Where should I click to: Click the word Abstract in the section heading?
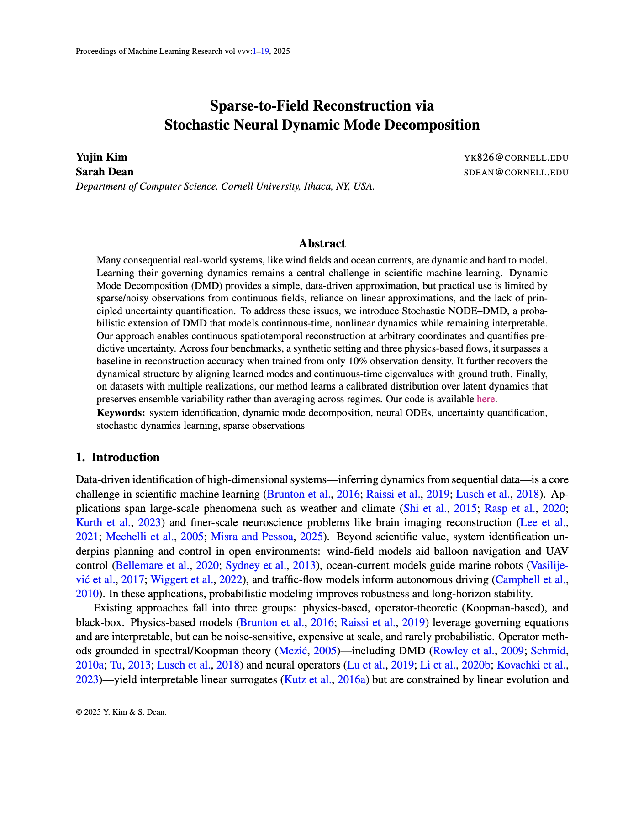(x=322, y=243)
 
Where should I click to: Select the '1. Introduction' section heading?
(x=118, y=457)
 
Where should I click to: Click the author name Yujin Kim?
(x=101, y=158)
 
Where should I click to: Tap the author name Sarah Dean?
(x=105, y=172)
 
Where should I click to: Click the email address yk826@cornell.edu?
(x=516, y=158)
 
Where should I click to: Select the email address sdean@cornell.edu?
(x=516, y=173)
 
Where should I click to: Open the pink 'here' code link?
(x=486, y=399)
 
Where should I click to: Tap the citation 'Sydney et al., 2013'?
(x=271, y=565)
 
